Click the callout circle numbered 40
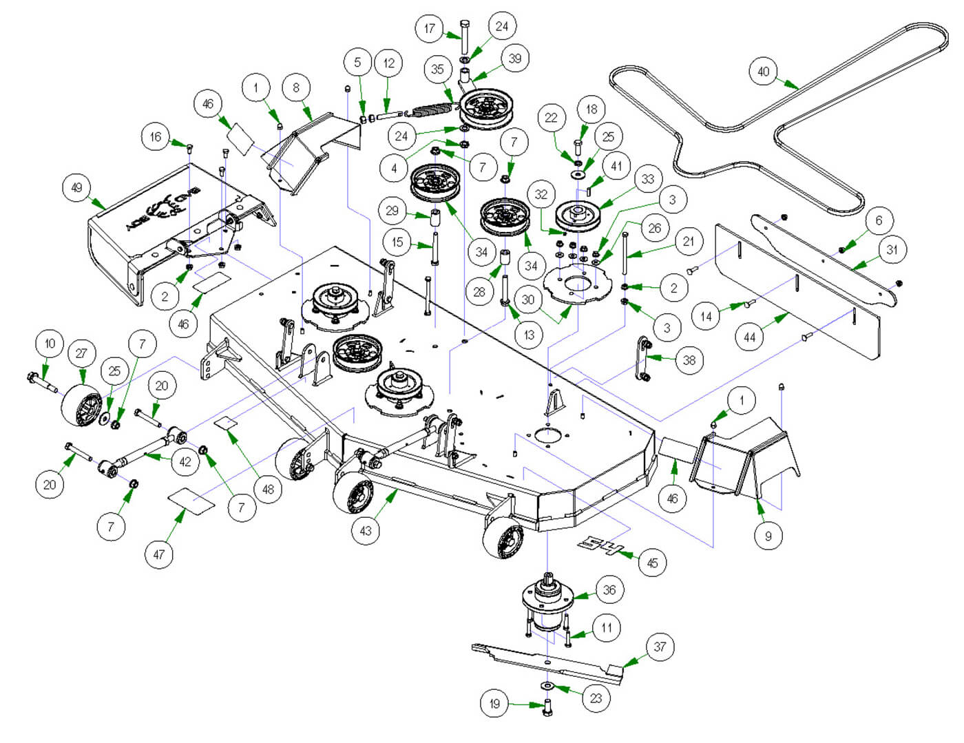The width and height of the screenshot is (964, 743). [764, 72]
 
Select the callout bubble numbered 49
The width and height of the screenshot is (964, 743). [76, 187]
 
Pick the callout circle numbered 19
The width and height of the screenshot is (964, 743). [494, 703]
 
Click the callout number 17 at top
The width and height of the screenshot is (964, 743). [430, 29]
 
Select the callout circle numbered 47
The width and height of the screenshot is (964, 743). [159, 554]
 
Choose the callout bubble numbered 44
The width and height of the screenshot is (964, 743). [750, 337]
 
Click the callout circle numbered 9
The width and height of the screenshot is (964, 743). [768, 535]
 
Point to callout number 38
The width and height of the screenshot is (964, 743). [689, 359]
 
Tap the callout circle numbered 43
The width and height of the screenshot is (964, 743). [366, 530]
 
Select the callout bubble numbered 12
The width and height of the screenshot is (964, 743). [389, 63]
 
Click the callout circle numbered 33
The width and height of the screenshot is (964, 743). [647, 180]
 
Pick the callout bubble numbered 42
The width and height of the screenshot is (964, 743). [185, 461]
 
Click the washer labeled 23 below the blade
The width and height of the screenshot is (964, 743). [548, 687]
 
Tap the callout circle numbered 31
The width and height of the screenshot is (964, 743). [892, 249]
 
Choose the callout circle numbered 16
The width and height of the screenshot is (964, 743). [156, 136]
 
